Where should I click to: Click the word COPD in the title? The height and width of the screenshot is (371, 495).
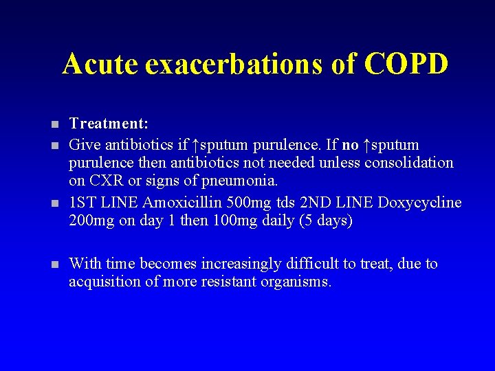coord(406,64)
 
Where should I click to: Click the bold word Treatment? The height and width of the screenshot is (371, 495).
coord(109,124)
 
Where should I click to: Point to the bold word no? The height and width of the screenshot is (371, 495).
coord(351,145)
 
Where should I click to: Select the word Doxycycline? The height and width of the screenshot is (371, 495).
coord(421,203)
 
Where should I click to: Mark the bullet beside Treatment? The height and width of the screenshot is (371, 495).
coord(54,125)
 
